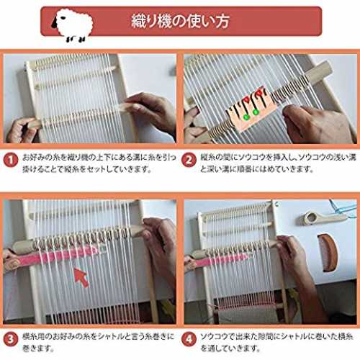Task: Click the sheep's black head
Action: (x=55, y=22)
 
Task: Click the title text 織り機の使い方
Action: (x=180, y=21)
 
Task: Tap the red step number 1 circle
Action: (x=11, y=160)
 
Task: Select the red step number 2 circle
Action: (x=189, y=160)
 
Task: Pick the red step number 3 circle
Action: (x=11, y=339)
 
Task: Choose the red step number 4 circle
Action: (x=189, y=339)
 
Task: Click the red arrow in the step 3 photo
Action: (x=81, y=277)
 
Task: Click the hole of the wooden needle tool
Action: (x=312, y=217)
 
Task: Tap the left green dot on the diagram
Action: (x=246, y=117)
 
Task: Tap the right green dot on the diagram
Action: (x=256, y=112)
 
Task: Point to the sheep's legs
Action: (x=76, y=39)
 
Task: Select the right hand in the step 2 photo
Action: (x=312, y=125)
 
